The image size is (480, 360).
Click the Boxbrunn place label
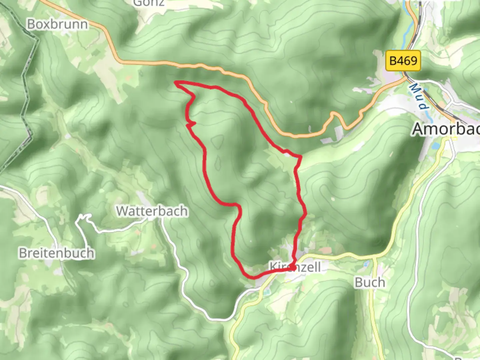57,24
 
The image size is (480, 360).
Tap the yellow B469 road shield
403,61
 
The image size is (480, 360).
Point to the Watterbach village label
152,211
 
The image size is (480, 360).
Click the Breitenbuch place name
56,253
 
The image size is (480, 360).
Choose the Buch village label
370,282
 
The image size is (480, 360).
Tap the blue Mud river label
418,96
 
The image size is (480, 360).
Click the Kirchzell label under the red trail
295,267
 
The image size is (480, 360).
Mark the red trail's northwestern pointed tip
176,82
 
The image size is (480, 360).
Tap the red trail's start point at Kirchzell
293,267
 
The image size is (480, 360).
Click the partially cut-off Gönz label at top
149,3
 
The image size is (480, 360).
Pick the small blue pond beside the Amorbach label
435,146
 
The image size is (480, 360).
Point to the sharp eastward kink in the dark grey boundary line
36,40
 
